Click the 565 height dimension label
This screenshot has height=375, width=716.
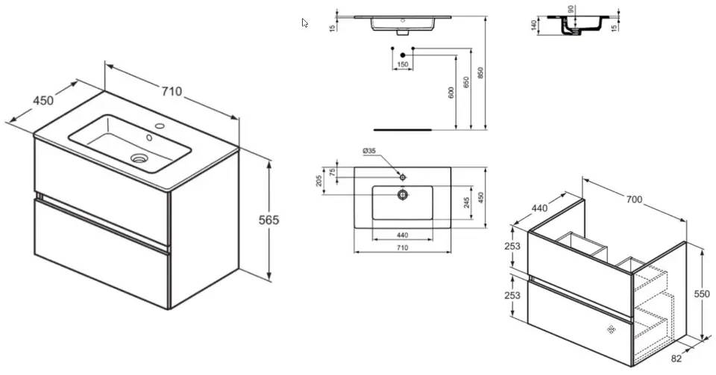click(268, 220)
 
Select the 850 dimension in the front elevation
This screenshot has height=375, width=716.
click(480, 72)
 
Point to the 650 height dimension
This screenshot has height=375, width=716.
click(465, 83)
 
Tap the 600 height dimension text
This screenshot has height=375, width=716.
click(452, 93)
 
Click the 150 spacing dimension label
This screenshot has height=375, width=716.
click(403, 64)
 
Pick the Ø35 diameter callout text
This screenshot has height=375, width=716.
click(369, 150)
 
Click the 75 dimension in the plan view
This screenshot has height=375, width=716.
click(333, 172)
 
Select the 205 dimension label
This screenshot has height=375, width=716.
click(318, 181)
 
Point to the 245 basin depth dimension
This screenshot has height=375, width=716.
click(467, 202)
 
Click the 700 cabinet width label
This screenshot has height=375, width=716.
click(634, 199)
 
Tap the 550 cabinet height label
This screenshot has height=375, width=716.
click(704, 294)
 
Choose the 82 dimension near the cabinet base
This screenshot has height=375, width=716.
click(676, 359)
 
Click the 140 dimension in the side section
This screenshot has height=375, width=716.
click(533, 25)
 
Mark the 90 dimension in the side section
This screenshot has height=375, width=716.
click(571, 9)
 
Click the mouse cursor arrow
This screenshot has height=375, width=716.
click(304, 23)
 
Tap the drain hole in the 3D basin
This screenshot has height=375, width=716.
click(139, 158)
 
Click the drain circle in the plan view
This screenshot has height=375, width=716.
click(402, 195)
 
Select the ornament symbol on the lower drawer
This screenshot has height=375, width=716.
click(611, 329)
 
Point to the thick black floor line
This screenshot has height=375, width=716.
click(403, 130)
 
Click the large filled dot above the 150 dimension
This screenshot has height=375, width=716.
click(402, 55)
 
